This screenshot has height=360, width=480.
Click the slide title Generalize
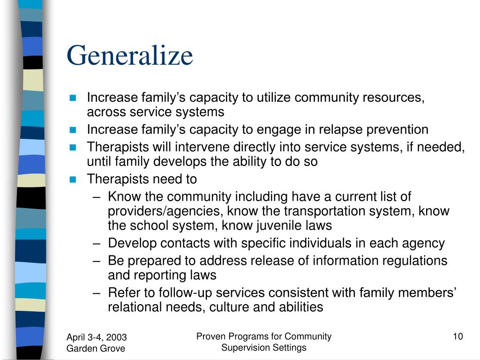pos(130,56)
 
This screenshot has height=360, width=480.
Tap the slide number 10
pos(458,336)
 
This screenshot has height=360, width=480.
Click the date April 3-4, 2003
pos(97,337)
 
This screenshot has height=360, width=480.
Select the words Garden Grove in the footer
pos(96,348)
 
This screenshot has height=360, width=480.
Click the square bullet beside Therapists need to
pos(73,180)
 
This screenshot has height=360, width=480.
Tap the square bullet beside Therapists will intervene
pos(73,148)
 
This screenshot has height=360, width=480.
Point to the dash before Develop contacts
pos(97,244)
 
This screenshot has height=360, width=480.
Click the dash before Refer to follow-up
pos(97,293)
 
